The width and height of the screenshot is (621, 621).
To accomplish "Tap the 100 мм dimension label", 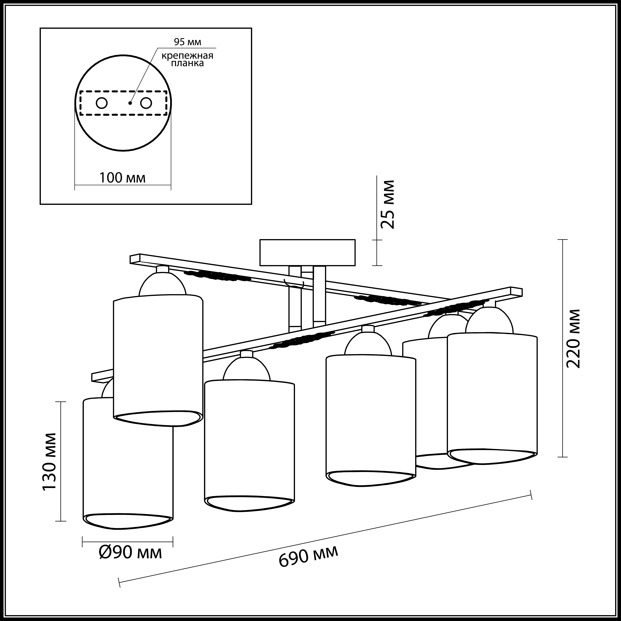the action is tap(122, 178).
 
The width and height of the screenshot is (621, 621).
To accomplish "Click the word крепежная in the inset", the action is tap(187, 56).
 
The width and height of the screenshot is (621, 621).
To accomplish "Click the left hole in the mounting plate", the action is tap(102, 103).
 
